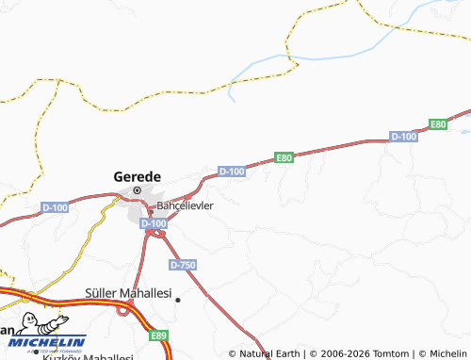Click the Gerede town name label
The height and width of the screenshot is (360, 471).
(x=138, y=175)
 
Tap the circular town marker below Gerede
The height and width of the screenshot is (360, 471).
(x=138, y=190)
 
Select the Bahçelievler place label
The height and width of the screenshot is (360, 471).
(x=186, y=205)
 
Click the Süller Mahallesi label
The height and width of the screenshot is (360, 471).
(x=128, y=294)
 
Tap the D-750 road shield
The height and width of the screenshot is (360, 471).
(x=184, y=266)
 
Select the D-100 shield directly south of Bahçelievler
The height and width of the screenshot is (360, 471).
(x=153, y=223)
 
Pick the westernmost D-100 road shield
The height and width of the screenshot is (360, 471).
(x=55, y=206)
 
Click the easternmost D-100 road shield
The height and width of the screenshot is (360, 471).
(x=403, y=137)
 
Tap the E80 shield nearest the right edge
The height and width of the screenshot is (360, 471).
(x=438, y=124)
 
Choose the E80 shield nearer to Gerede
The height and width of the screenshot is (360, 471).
(x=284, y=157)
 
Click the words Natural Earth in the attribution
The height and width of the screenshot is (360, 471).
(x=268, y=353)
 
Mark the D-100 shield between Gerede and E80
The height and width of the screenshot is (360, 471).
(x=232, y=171)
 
